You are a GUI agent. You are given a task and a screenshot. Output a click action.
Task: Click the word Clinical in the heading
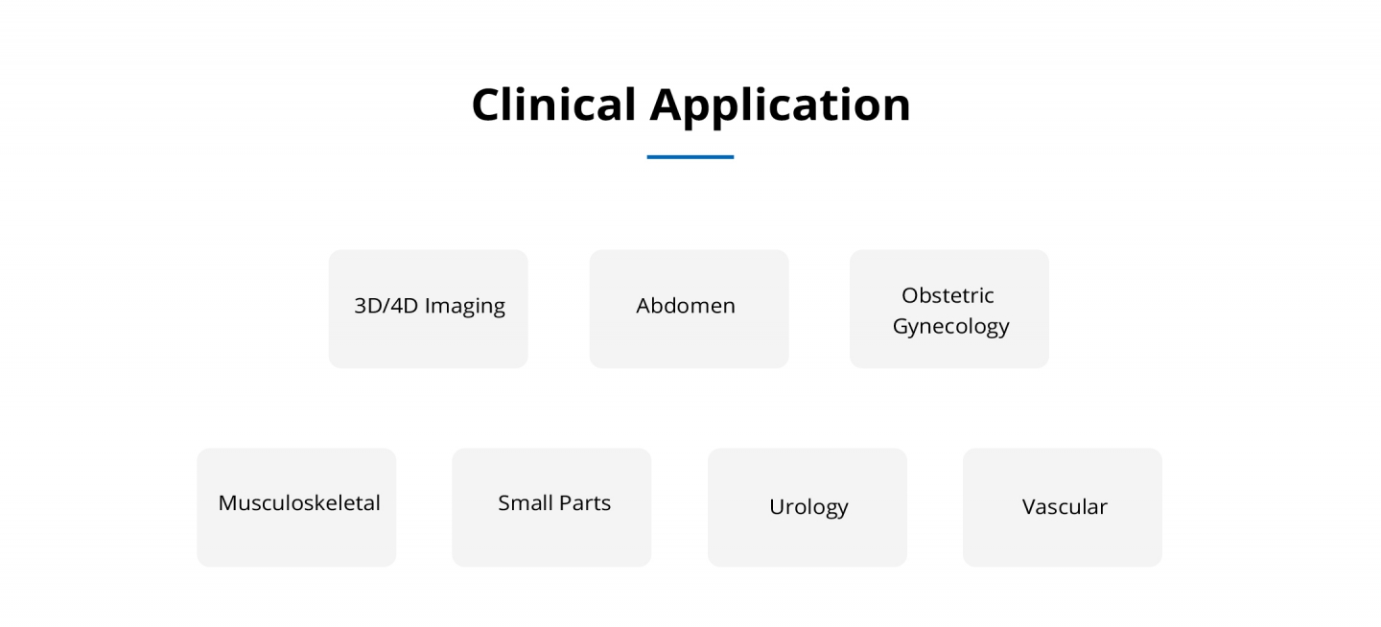(x=553, y=104)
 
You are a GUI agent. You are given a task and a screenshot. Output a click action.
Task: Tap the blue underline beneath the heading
(x=690, y=157)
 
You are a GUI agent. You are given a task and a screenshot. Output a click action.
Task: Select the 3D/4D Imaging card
(x=429, y=309)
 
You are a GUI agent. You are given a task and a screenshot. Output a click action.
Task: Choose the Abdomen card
(x=689, y=309)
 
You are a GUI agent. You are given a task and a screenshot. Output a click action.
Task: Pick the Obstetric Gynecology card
(x=949, y=309)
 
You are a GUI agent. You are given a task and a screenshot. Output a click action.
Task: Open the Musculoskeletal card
(x=296, y=507)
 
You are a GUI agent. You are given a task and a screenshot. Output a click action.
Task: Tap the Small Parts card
(x=551, y=507)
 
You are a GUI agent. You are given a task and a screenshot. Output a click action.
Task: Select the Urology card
(x=808, y=507)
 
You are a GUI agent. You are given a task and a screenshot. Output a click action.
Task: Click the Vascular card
(x=1063, y=507)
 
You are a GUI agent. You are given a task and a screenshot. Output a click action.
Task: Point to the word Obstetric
(x=948, y=295)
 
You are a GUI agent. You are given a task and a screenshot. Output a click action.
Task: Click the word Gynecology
(x=950, y=327)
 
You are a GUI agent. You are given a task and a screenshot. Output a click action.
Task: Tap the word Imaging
(x=465, y=307)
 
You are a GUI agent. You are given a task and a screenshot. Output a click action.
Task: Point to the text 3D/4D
(x=386, y=305)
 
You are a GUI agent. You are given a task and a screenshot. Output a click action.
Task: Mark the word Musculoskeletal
(x=299, y=502)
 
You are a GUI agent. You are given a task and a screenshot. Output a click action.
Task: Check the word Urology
(x=808, y=507)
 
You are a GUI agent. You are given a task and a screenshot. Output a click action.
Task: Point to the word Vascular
(x=1065, y=507)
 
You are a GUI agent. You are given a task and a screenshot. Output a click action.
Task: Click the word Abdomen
(x=686, y=305)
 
